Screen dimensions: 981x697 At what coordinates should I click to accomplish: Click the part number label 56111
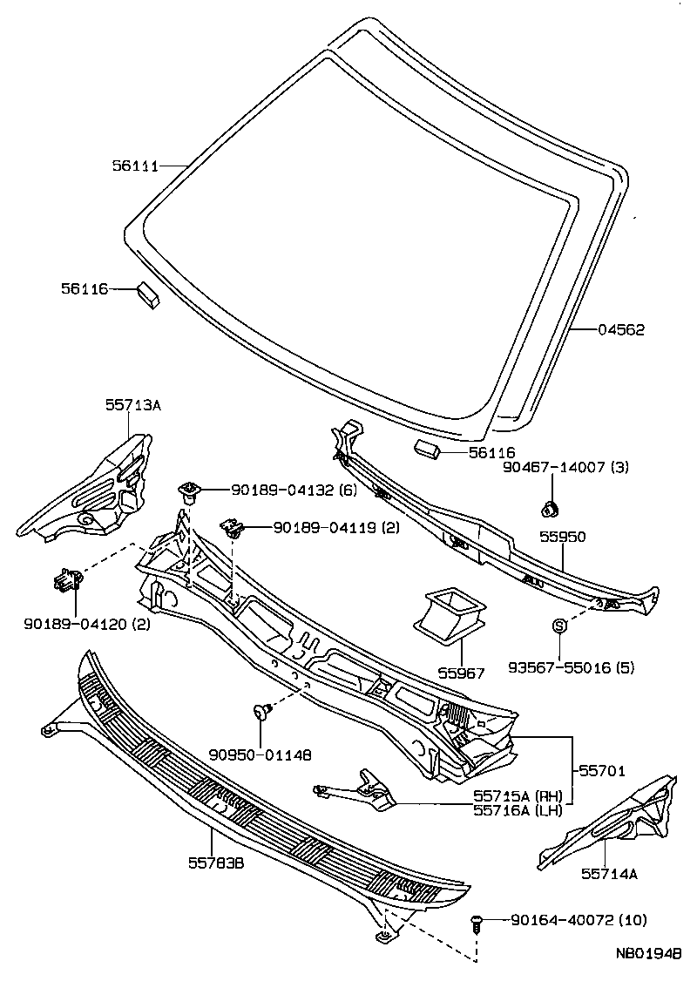(x=135, y=166)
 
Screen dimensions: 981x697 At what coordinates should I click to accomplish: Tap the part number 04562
(x=621, y=330)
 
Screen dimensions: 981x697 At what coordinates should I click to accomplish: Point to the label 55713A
(x=133, y=404)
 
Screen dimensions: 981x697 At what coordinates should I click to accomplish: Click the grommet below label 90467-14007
(x=550, y=506)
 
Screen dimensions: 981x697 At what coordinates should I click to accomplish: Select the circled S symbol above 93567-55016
(x=560, y=625)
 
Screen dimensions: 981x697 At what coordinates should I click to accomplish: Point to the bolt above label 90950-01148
(x=261, y=713)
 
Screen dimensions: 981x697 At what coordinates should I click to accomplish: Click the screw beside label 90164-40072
(x=477, y=923)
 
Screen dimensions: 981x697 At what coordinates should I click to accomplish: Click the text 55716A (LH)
(x=518, y=809)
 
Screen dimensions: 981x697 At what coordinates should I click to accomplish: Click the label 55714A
(x=608, y=874)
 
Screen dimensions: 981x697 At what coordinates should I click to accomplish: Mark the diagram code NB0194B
(x=647, y=955)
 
